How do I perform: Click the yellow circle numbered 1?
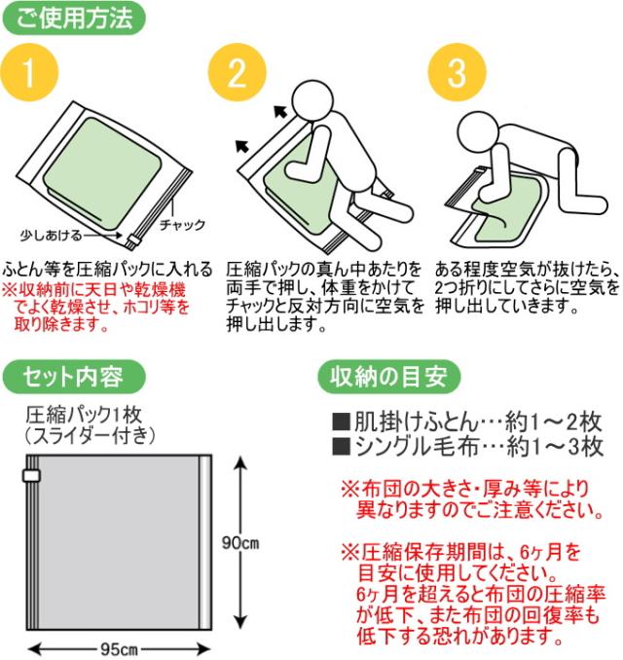tap(29, 72)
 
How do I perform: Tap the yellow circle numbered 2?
tap(238, 72)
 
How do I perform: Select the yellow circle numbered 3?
tap(458, 72)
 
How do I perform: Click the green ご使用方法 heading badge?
tap(75, 18)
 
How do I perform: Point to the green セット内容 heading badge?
tap(74, 377)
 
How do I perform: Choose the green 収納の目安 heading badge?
tap(388, 377)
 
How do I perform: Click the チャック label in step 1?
tap(182, 225)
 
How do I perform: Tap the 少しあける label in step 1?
tap(51, 236)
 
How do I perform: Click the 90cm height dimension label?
tap(240, 543)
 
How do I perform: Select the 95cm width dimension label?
tap(119, 649)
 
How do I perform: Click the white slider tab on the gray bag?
tap(31, 476)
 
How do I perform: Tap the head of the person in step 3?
tap(477, 130)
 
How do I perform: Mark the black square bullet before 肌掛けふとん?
tap(341, 422)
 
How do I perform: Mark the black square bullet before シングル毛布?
tap(341, 447)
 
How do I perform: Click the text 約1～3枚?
tap(555, 447)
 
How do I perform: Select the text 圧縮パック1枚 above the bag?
tap(84, 416)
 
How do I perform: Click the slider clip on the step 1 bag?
tap(133, 241)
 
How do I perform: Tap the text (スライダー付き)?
tap(90, 436)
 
